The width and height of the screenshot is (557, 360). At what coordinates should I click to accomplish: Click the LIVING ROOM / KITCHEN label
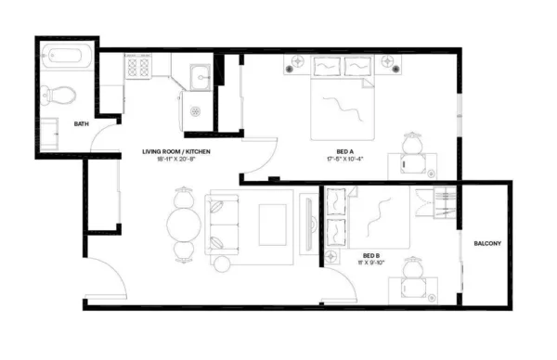pyautogui.click(x=175, y=150)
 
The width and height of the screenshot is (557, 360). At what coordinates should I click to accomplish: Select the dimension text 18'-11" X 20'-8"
pyautogui.click(x=175, y=159)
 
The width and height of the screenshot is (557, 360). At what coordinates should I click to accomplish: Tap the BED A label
pyautogui.click(x=344, y=150)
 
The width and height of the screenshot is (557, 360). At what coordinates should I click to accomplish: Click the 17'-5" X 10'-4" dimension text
pyautogui.click(x=344, y=159)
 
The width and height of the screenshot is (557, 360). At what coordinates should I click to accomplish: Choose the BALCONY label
pyautogui.click(x=487, y=244)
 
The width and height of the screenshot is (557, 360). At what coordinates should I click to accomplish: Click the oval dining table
pyautogui.click(x=182, y=224)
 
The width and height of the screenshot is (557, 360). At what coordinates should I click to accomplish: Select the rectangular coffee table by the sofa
pyautogui.click(x=273, y=223)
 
